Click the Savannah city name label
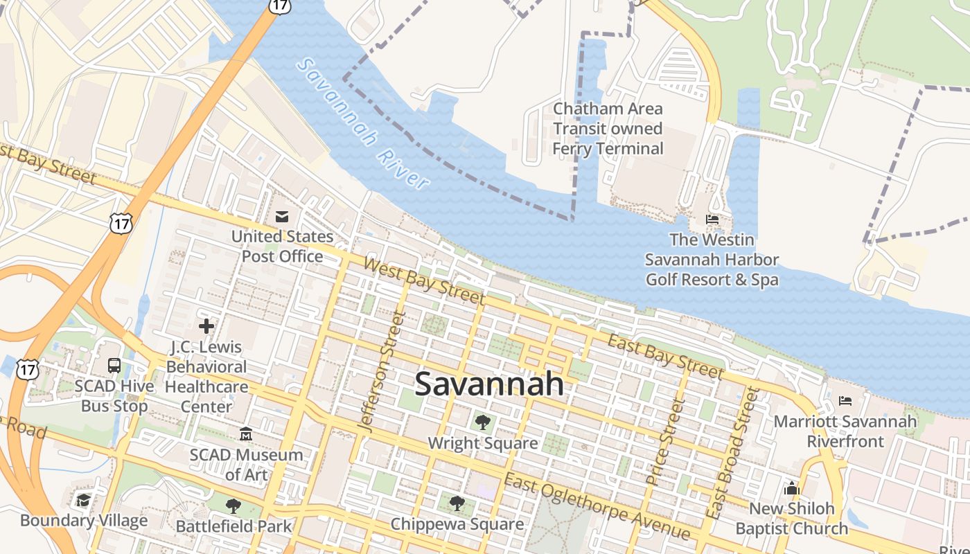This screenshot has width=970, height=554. pos(489,384)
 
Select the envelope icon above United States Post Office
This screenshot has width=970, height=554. pos(282,217)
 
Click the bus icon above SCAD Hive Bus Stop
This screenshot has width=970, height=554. pos(114,366)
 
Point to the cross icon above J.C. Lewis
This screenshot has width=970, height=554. pos(206,325)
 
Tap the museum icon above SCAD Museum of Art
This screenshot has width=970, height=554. pos(245,434)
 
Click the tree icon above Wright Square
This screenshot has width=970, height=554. pos(483,422)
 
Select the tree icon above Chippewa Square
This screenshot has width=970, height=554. pos(457,503)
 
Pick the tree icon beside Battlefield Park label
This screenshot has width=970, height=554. pos(233,506)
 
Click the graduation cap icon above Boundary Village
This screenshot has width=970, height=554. pos(84,500)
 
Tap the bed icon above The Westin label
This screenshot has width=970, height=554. pos(712,220)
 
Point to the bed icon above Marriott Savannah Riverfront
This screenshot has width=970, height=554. pos(845,400)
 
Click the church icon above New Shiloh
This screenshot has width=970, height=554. pos(792,488)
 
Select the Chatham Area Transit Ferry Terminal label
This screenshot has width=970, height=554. pos(608,129)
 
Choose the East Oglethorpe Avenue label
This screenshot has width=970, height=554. pos(597,507)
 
